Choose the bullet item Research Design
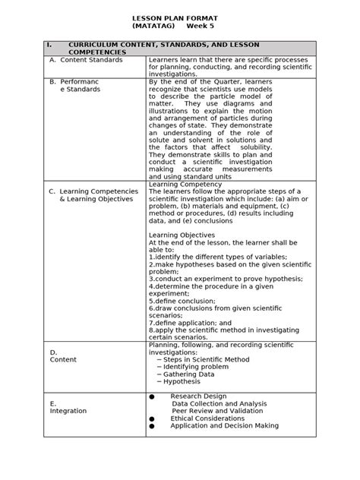pyautogui.click(x=199, y=396)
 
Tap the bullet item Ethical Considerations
pyautogui.click(x=213, y=418)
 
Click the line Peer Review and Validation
pyautogui.click(x=219, y=411)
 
